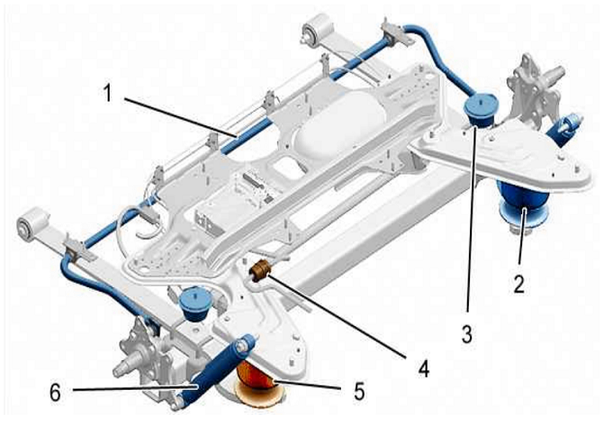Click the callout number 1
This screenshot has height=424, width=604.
pos(109,94)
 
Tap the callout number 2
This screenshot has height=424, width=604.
pos(519,284)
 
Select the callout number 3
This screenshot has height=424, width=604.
pos(467,333)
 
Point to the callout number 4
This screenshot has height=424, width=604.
pos(423,368)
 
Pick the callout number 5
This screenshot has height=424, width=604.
pos(359,391)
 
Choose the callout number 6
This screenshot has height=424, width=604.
pos(56,392)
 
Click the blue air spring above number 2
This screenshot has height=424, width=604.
pos(523,205)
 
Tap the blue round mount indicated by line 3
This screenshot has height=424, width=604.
pos(482,108)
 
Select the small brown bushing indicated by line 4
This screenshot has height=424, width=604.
pos(261,270)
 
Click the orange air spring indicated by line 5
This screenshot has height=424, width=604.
pos(259,384)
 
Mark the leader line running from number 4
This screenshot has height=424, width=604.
pos(337,317)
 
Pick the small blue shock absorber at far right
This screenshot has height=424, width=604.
pos(564,128)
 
